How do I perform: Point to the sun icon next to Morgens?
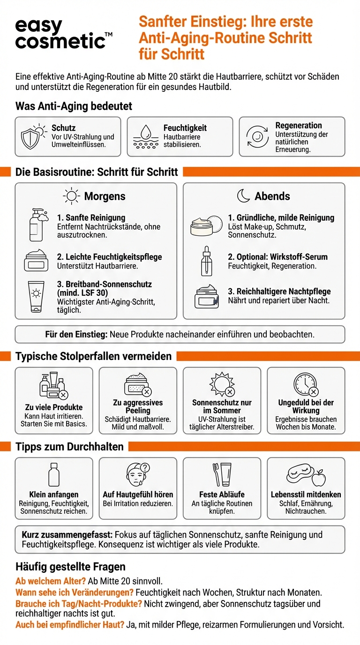(72, 196)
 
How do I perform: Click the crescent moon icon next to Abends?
(243, 196)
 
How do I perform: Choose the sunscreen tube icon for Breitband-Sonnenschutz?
(36, 296)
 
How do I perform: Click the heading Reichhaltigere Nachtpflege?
(279, 292)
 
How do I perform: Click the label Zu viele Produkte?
(54, 407)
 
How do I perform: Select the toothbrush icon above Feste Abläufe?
(216, 474)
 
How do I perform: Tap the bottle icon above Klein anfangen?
(54, 474)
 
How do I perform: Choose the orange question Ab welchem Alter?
(50, 581)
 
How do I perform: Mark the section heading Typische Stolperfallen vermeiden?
(94, 356)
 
